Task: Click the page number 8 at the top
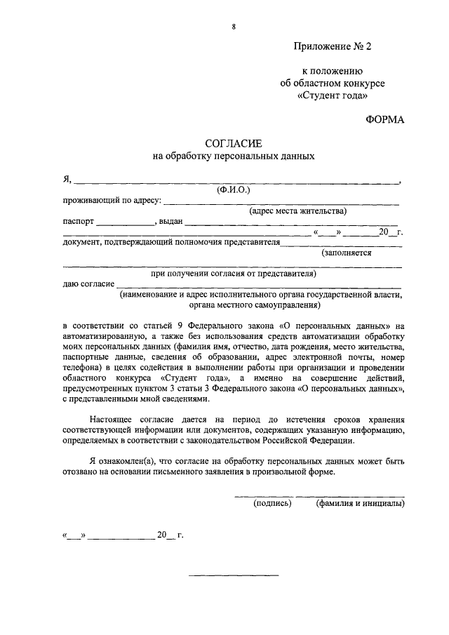point(233,27)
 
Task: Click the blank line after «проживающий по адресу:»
point(281,203)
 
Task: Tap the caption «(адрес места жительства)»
point(298,210)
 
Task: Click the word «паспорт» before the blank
point(78,221)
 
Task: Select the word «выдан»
point(170,221)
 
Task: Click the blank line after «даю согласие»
point(260,288)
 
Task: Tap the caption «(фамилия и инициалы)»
point(360,503)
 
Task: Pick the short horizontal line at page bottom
point(234,575)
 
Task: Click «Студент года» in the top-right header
point(332,95)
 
